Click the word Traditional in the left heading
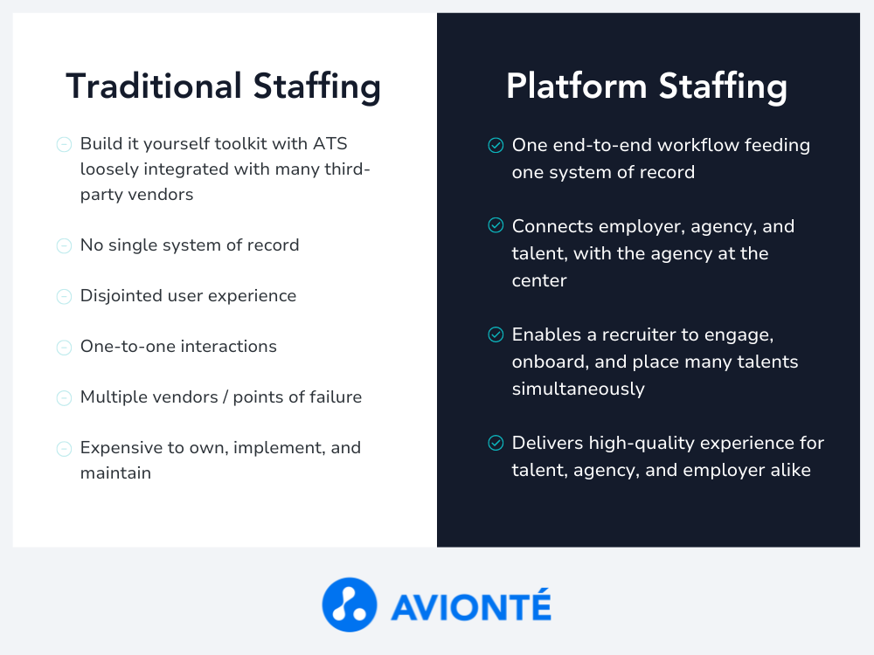tap(154, 86)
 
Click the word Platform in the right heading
tap(577, 86)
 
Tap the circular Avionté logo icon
tap(350, 605)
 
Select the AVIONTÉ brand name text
tap(471, 605)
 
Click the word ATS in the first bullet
tap(330, 144)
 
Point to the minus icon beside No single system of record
tap(64, 245)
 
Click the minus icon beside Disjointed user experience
tap(64, 296)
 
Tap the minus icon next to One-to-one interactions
tap(64, 348)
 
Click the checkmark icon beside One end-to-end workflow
tap(496, 145)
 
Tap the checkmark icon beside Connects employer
tap(496, 225)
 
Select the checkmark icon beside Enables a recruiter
tap(496, 334)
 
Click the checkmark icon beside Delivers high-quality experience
tap(496, 442)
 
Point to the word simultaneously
tap(578, 390)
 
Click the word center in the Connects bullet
tap(539, 280)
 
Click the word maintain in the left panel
tap(115, 472)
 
